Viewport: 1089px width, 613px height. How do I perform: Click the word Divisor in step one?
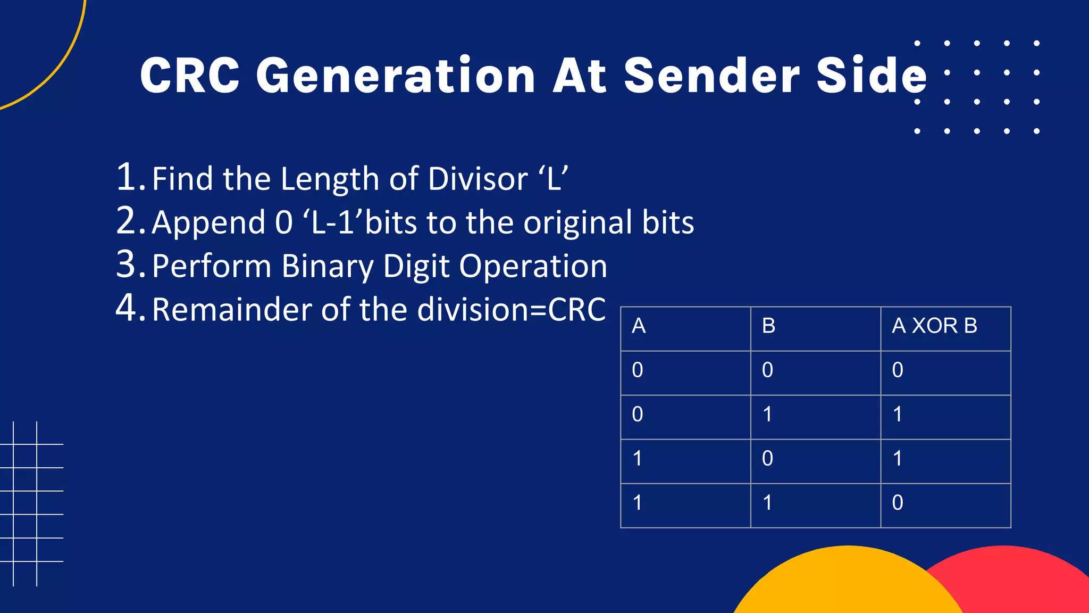(x=478, y=179)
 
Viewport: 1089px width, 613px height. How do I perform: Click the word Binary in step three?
(x=327, y=266)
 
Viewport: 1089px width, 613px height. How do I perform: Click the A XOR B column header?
(x=934, y=326)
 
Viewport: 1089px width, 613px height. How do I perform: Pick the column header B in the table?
(x=768, y=326)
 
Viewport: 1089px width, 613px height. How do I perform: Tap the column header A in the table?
(x=639, y=326)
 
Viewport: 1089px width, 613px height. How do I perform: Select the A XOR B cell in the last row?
(x=898, y=503)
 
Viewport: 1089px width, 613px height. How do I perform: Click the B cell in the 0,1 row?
(x=767, y=415)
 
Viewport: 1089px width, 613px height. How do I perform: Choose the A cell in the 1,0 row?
(x=638, y=459)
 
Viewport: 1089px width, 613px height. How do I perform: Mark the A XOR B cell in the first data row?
(x=898, y=370)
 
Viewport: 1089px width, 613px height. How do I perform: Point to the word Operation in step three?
(x=533, y=266)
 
